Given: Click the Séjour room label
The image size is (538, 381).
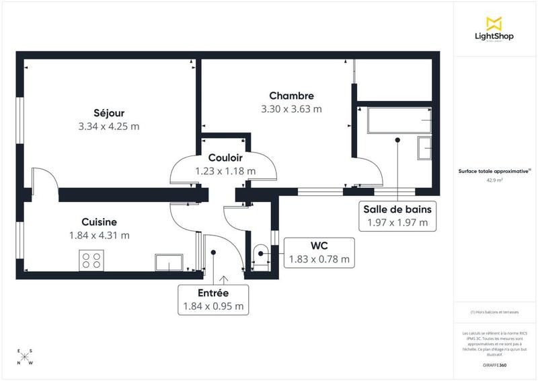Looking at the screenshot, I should click(x=108, y=112).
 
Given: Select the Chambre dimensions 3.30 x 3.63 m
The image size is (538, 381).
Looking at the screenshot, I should click(x=291, y=108).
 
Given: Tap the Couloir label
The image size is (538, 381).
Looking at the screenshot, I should click(x=225, y=158).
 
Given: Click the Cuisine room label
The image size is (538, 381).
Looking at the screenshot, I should click(x=100, y=221).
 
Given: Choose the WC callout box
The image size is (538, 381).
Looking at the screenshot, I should click(x=319, y=252).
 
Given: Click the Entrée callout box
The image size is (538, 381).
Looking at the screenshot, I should click(x=213, y=300).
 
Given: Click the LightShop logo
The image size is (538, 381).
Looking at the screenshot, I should click(x=494, y=30).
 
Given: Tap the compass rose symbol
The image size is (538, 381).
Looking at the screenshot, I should click(x=25, y=357).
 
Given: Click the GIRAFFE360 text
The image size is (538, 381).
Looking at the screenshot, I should click(x=494, y=366).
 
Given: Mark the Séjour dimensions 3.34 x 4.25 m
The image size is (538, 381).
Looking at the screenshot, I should click(x=108, y=126).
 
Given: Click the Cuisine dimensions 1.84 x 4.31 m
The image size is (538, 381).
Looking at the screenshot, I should click(x=100, y=235).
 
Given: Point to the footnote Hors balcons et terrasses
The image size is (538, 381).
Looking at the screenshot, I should click(x=494, y=312).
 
